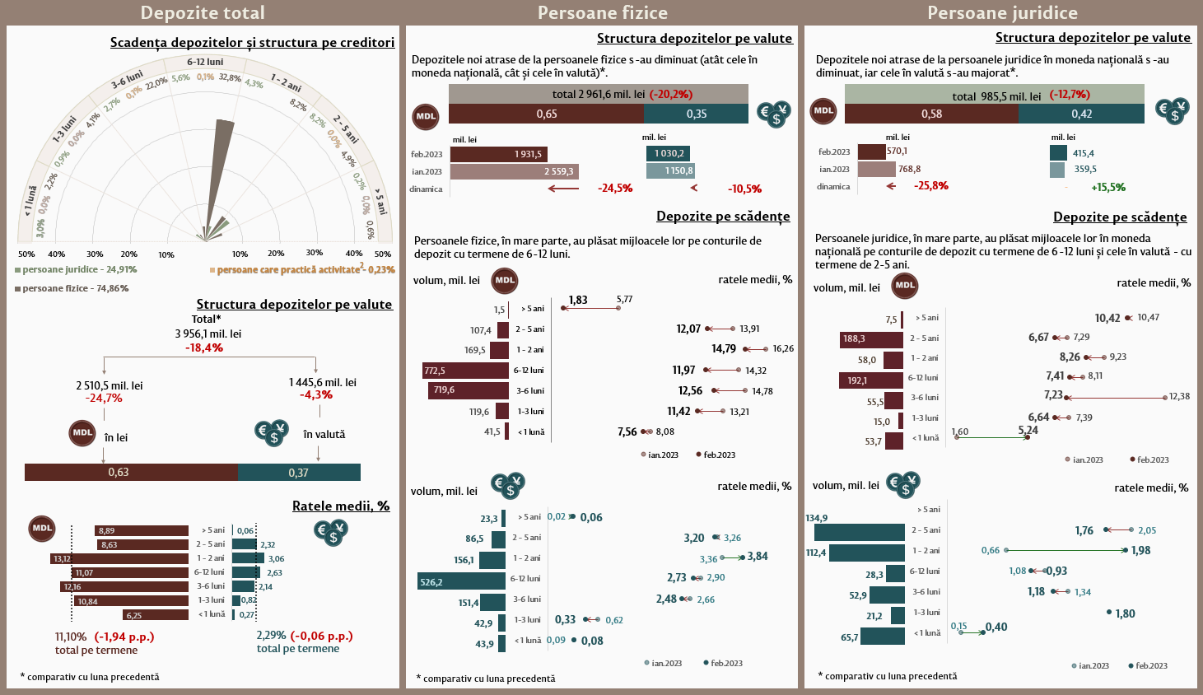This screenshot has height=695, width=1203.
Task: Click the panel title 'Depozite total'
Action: tap(203, 12)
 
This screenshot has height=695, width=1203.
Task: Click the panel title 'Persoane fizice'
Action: tap(602, 12)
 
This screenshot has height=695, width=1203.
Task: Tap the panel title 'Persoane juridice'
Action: tap(1002, 12)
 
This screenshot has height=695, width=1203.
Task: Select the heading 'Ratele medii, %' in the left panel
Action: tap(341, 506)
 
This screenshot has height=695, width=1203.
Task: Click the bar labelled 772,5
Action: tap(465, 371)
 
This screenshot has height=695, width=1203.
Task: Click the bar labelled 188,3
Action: tap(872, 339)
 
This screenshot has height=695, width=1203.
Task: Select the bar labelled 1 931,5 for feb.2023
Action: tap(498, 154)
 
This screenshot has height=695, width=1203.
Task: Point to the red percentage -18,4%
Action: tap(204, 347)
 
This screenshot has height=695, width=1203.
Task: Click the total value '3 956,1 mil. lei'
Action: tap(208, 334)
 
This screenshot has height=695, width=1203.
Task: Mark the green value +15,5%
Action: tap(1108, 187)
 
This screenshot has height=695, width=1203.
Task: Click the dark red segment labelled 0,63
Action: tap(132, 472)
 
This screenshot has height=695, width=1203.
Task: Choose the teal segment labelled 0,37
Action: tap(300, 472)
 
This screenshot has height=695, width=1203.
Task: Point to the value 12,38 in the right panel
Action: tap(1179, 396)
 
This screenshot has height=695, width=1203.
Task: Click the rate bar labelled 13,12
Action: tap(119, 558)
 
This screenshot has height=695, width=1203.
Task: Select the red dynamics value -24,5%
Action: tap(615, 189)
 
